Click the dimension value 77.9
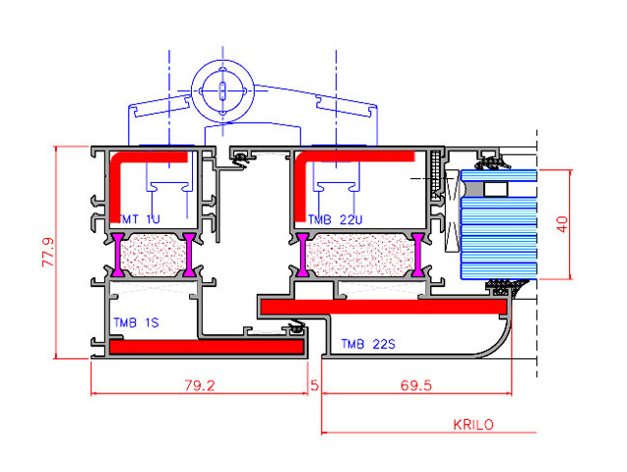click(x=48, y=252)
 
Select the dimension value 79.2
click(x=200, y=385)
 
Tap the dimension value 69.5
click(x=416, y=385)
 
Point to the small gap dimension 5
click(x=315, y=385)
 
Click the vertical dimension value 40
click(x=562, y=224)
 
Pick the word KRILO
click(x=473, y=424)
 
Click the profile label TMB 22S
click(x=368, y=344)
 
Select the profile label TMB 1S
click(x=136, y=323)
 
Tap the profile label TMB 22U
click(x=335, y=219)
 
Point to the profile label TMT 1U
click(x=140, y=219)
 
